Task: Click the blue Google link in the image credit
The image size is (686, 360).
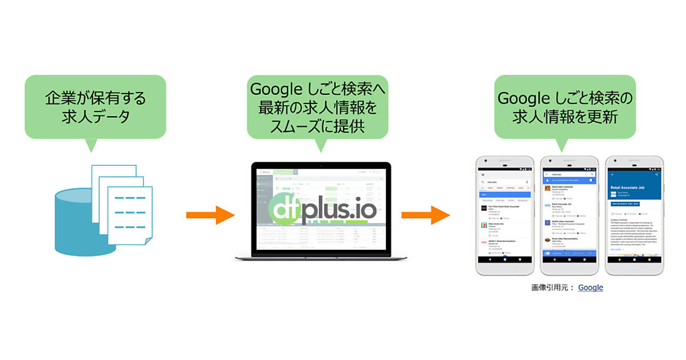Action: click(x=591, y=287)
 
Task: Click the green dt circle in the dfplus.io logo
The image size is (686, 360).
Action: click(x=287, y=210)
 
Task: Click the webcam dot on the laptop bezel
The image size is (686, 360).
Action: click(x=322, y=166)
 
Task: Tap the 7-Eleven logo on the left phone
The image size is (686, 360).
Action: click(x=484, y=225)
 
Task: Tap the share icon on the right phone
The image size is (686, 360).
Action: click(x=657, y=174)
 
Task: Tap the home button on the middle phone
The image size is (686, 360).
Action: click(x=569, y=260)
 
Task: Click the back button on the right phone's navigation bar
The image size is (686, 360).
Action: click(x=619, y=260)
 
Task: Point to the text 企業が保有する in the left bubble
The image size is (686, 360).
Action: click(x=95, y=98)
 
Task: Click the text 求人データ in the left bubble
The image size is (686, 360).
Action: click(x=95, y=117)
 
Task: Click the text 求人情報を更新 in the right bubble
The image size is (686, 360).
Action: click(x=565, y=117)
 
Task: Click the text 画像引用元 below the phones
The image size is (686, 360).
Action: click(x=549, y=287)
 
